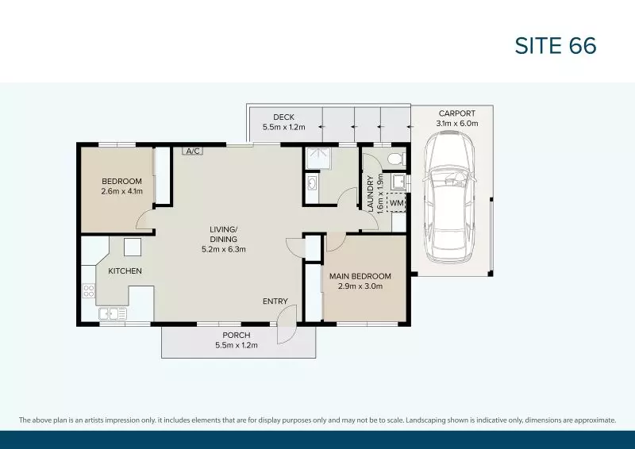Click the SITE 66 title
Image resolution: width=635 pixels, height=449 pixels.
(555, 46)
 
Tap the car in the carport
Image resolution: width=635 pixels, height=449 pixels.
(448, 198)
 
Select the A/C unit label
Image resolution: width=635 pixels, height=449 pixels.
(191, 150)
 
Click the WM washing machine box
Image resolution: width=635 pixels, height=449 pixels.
(397, 203)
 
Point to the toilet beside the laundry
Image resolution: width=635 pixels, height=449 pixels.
(396, 160)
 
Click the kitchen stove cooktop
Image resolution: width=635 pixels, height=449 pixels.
(88, 291)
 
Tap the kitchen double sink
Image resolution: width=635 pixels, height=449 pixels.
(113, 314)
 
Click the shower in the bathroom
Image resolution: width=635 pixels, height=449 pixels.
(321, 159)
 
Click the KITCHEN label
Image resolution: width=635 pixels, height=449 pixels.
(125, 271)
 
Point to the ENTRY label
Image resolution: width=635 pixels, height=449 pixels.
(275, 301)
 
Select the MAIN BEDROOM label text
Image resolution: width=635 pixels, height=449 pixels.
(356, 276)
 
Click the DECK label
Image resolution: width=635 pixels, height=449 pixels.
(283, 117)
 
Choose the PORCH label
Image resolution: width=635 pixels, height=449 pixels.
(237, 335)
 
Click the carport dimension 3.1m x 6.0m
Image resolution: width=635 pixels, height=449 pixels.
(457, 124)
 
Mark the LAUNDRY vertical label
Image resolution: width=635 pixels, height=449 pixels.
(370, 193)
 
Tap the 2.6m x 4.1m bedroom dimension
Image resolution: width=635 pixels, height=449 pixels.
(121, 191)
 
